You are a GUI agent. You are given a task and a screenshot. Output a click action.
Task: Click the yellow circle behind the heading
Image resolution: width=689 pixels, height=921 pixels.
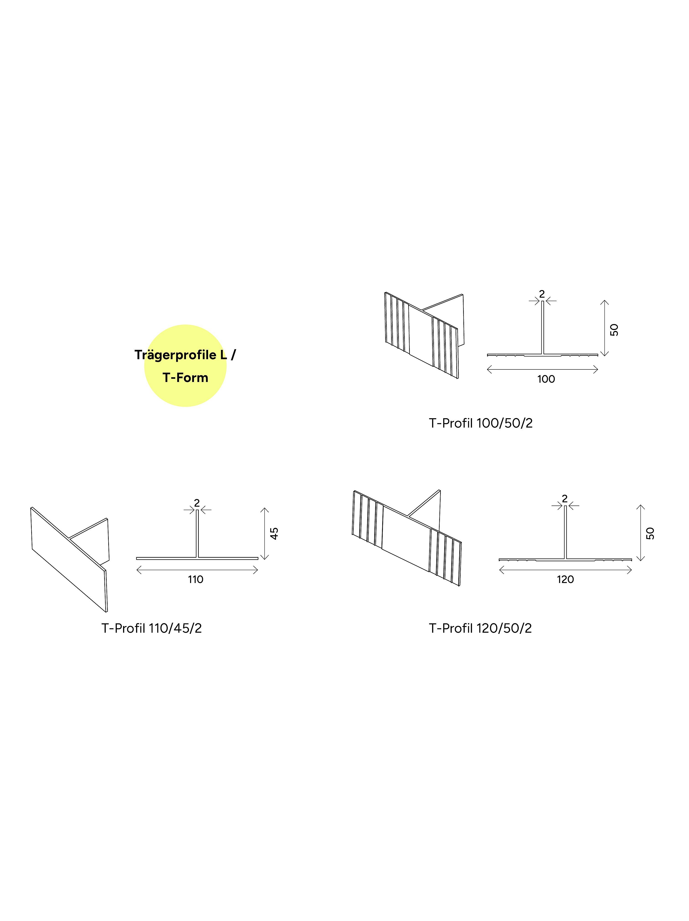point(185,366)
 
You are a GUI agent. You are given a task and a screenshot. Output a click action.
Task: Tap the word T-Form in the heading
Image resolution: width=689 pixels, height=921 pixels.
point(185,378)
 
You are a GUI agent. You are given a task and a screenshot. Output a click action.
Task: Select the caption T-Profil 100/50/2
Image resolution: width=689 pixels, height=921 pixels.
point(481,423)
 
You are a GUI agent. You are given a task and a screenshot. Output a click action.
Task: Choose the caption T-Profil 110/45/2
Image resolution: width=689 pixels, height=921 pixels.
point(152,628)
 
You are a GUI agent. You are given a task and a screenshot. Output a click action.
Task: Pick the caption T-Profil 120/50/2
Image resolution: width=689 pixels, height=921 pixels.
point(480,628)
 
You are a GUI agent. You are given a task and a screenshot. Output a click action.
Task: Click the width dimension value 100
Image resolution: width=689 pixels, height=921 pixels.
point(546,379)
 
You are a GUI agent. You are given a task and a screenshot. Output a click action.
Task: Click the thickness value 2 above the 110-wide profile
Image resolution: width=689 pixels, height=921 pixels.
point(197,503)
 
